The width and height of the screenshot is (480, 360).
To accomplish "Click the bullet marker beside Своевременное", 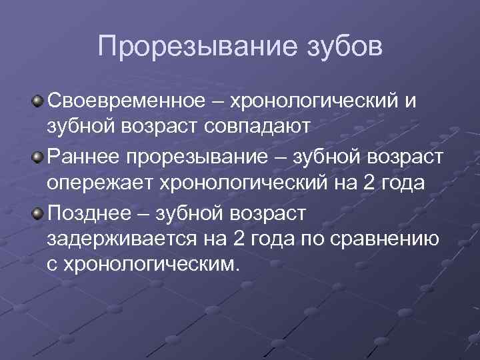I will [x=39, y=102].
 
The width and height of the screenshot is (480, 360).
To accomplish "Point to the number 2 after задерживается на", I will [x=237, y=238].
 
